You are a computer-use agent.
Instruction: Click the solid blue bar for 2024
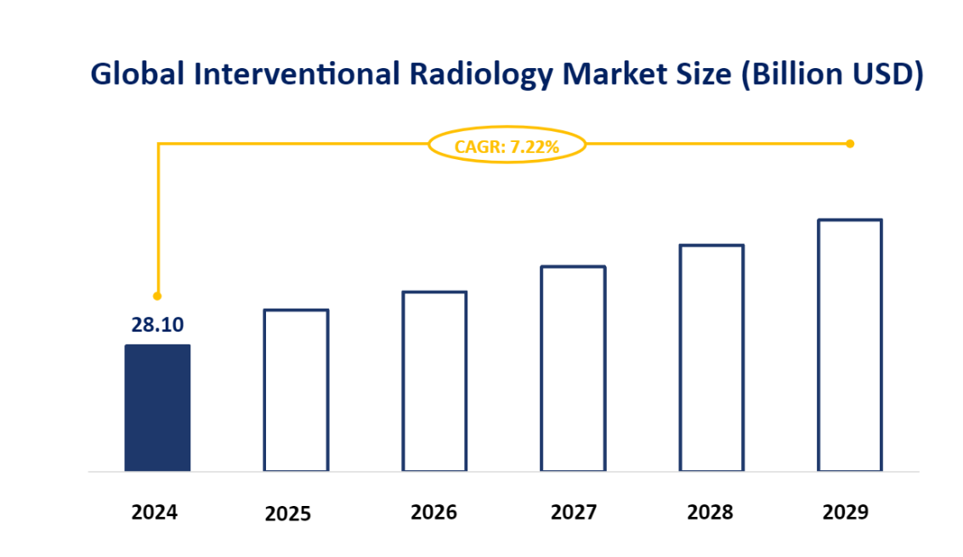(x=157, y=407)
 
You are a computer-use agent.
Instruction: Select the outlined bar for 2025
(x=296, y=389)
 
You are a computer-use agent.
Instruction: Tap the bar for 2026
(x=434, y=381)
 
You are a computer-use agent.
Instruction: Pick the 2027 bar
(x=573, y=368)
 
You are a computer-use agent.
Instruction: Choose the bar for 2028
(x=711, y=357)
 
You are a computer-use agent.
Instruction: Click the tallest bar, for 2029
(x=850, y=344)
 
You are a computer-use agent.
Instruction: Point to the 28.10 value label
(x=157, y=325)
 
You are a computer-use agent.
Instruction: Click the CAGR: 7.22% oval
(x=507, y=146)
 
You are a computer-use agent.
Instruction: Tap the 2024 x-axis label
(x=155, y=513)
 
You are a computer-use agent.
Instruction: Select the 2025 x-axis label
(x=288, y=514)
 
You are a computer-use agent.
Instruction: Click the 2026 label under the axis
(x=433, y=513)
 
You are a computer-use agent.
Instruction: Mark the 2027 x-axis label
(x=574, y=513)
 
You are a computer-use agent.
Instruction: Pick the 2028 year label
(x=710, y=513)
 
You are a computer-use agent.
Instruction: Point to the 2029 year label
(x=846, y=513)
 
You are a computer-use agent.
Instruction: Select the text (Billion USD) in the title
(x=831, y=75)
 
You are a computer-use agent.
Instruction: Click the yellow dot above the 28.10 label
(x=157, y=296)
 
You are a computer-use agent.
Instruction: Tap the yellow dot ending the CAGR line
(x=850, y=144)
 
